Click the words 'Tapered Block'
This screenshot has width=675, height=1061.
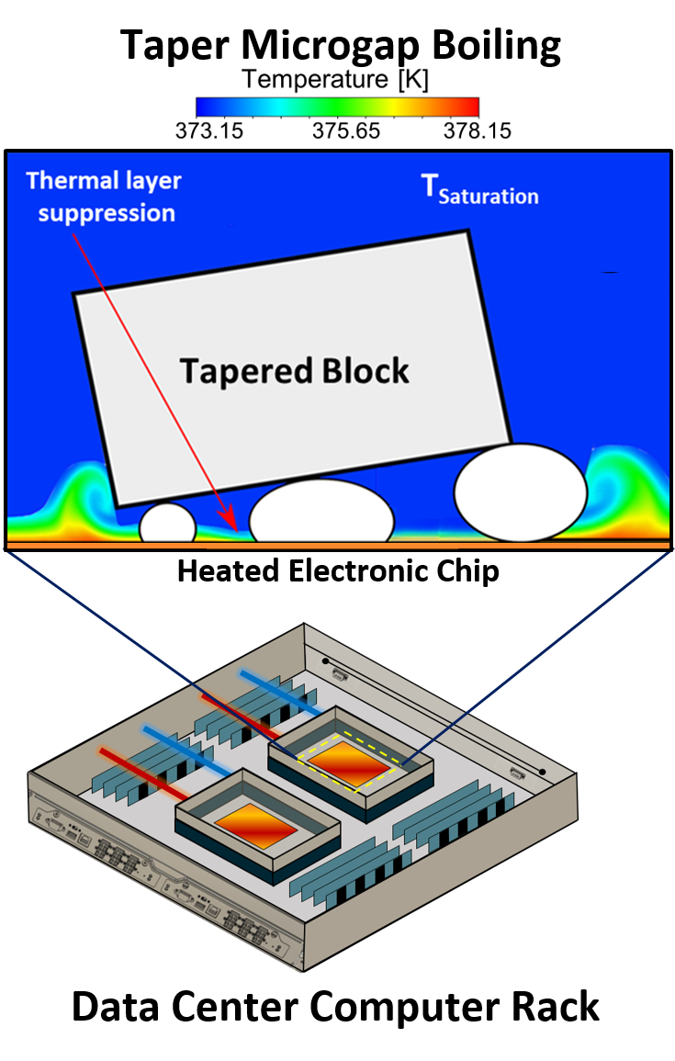pos(294,371)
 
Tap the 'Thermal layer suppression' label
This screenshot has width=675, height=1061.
pos(103,196)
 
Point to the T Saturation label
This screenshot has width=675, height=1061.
pos(478,189)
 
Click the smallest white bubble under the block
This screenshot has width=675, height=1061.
pos(167,525)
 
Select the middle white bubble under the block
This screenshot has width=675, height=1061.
pos(321,513)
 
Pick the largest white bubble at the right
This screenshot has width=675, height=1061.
pos(521,492)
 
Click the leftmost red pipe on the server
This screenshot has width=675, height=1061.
pos(142,772)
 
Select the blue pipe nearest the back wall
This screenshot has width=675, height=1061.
pos(279,693)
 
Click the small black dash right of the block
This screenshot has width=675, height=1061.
pos(610,273)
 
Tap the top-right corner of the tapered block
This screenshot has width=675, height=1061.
pos(467,231)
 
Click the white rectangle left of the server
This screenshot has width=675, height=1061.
pos(13,805)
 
